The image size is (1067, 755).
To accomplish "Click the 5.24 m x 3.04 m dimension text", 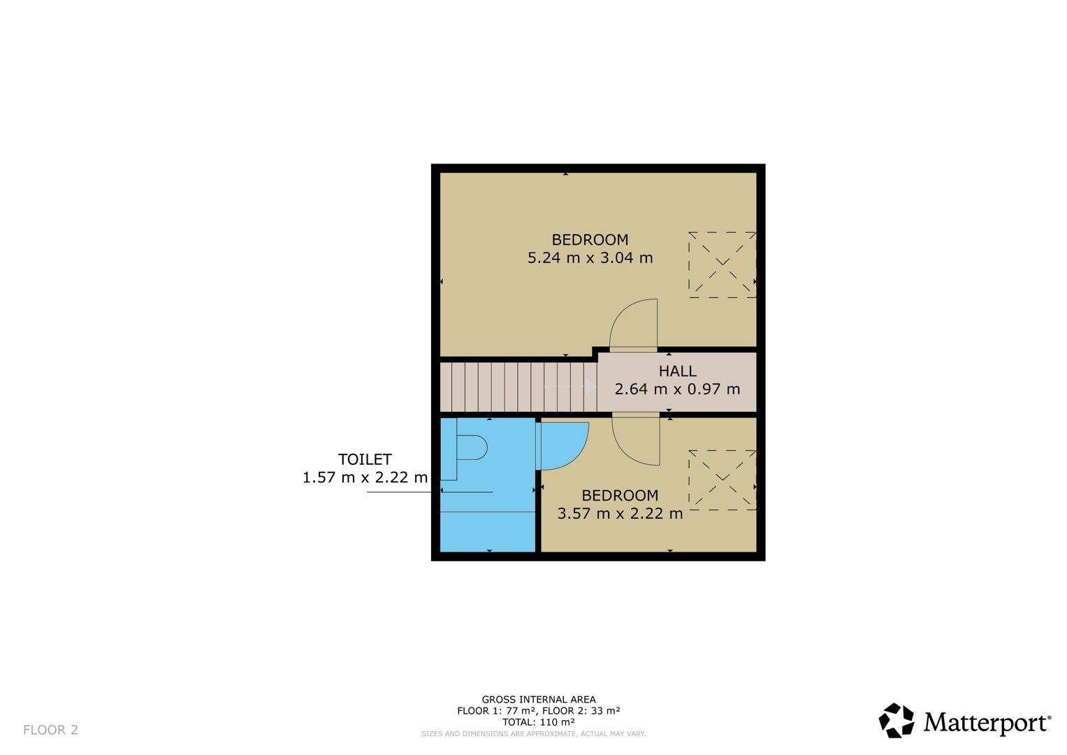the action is point(590,258).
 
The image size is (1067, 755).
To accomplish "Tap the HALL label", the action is point(677,371).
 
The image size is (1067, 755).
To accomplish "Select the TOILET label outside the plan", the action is point(365,459).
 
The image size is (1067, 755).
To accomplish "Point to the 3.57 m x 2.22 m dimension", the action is point(620,513).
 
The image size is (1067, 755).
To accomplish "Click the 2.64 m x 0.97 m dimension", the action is point(677,389).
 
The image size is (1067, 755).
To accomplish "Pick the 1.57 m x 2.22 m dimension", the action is point(365,477).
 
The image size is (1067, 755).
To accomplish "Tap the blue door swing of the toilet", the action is point(562,446).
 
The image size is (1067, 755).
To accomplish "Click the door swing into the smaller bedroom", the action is point(636,439).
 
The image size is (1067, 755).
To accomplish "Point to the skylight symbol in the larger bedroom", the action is point(722,265).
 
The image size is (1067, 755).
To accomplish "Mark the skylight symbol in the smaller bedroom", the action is point(722,480).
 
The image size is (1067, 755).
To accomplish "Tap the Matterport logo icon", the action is point(897,720).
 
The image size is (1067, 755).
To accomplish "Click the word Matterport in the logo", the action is point(987,723).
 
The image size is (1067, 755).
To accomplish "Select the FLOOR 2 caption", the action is point(50,730).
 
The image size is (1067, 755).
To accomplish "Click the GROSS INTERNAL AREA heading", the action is point(539,699).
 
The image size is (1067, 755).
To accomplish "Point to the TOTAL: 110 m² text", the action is point(539,721).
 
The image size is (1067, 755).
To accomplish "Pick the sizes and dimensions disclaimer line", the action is point(534,733).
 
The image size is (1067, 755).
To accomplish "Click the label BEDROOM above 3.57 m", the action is point(620,495).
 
